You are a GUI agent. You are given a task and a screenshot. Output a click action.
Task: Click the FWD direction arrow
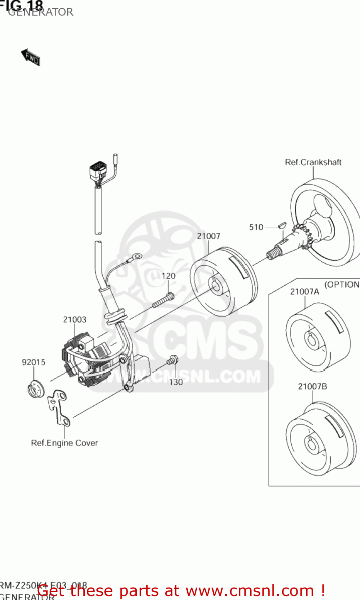tap(31, 57)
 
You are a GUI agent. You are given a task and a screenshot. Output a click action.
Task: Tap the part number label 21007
tap(208, 236)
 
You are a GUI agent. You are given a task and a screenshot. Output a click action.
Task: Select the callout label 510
tap(256, 227)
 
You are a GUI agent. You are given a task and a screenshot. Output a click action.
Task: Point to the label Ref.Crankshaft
tap(313, 162)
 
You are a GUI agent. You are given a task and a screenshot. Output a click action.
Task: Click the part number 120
tap(168, 276)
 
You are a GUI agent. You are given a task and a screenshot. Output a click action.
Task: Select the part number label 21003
tap(74, 320)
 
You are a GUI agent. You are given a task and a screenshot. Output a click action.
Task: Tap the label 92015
tap(34, 362)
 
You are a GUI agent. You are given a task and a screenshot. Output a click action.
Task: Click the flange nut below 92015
tap(36, 390)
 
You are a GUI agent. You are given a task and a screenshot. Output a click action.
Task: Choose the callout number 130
tap(176, 382)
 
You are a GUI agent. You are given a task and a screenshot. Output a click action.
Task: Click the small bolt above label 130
tap(172, 360)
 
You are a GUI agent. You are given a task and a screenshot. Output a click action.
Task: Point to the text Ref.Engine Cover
tap(64, 443)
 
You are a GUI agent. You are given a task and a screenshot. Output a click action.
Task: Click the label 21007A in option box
tap(304, 292)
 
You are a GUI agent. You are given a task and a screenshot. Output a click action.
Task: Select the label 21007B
tap(312, 386)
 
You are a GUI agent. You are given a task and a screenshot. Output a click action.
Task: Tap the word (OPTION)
tap(342, 284)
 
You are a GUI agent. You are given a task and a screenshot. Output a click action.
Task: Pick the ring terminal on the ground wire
tap(138, 255)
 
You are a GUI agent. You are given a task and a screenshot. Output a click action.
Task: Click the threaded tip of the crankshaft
tap(273, 254)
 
